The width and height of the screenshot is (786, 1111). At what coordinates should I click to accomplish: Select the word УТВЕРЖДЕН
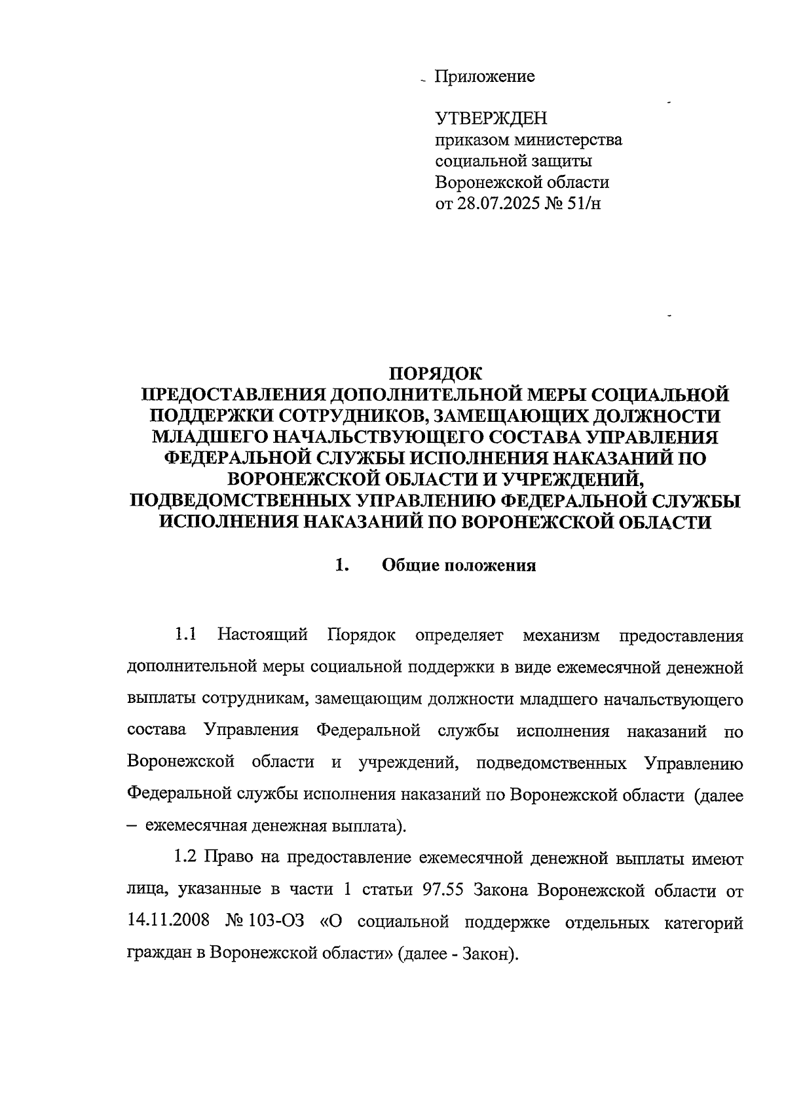[x=491, y=119]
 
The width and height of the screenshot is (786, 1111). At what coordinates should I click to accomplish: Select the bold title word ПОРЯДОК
[x=436, y=374]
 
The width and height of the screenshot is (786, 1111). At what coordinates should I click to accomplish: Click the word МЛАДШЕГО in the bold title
[x=211, y=437]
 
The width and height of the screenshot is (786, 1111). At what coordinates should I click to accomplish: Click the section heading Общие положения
[x=458, y=565]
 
